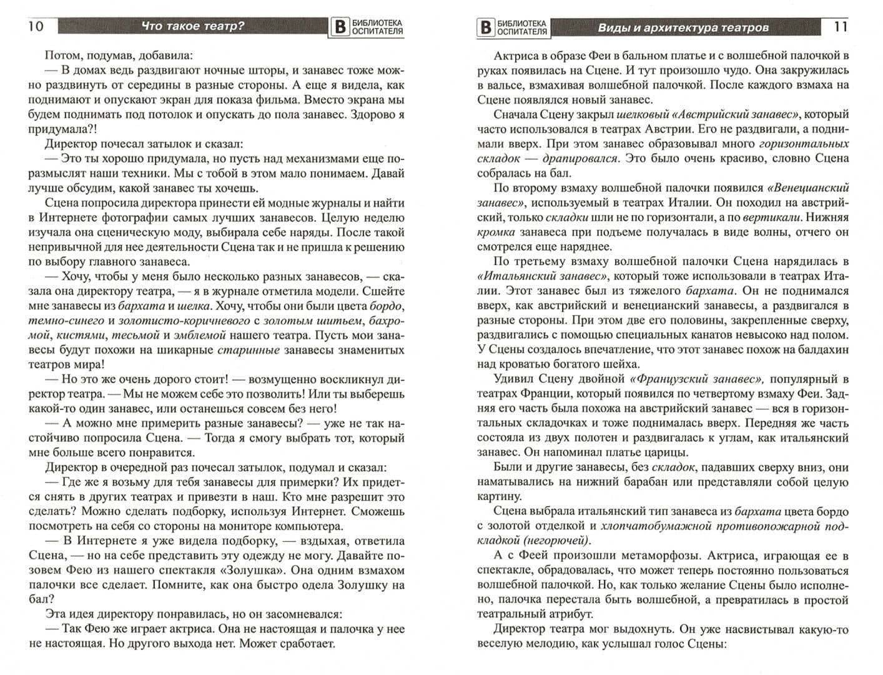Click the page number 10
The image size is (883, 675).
tap(36, 26)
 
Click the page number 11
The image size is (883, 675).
tap(841, 27)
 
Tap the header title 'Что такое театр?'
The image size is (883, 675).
tap(193, 26)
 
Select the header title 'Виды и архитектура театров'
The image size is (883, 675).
tap(683, 27)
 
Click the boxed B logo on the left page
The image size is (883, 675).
tap(340, 27)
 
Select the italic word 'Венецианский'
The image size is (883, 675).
tap(809, 187)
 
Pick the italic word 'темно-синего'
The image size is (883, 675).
tap(60, 321)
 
